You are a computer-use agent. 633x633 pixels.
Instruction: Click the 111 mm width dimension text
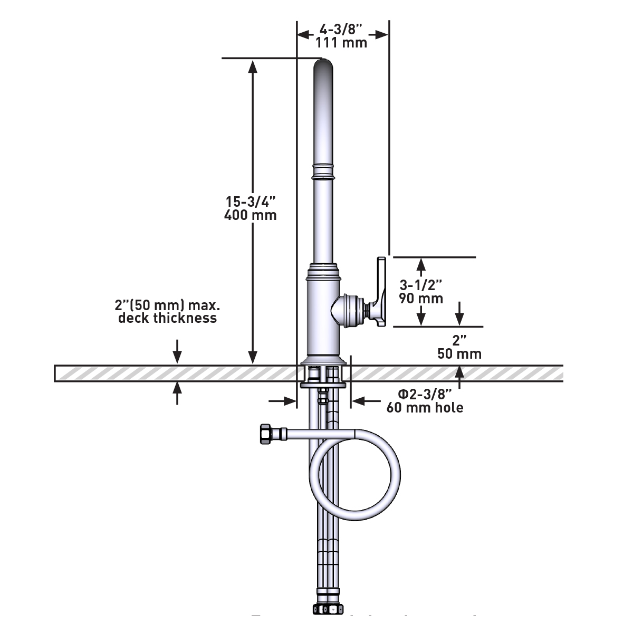click(341, 43)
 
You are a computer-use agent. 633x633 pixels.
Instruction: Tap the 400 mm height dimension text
click(250, 215)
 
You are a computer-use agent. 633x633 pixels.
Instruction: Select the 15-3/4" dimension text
click(251, 202)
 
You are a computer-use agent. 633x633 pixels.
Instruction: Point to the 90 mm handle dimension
click(421, 299)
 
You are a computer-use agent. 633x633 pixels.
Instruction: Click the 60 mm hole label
click(425, 408)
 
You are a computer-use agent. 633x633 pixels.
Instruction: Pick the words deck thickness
click(167, 318)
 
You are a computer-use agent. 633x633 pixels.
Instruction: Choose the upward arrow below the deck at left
click(177, 388)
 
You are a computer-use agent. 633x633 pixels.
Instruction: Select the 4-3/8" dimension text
click(341, 29)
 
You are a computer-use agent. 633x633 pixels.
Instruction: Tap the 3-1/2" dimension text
click(421, 285)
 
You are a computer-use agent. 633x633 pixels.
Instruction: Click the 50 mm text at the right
click(459, 353)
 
